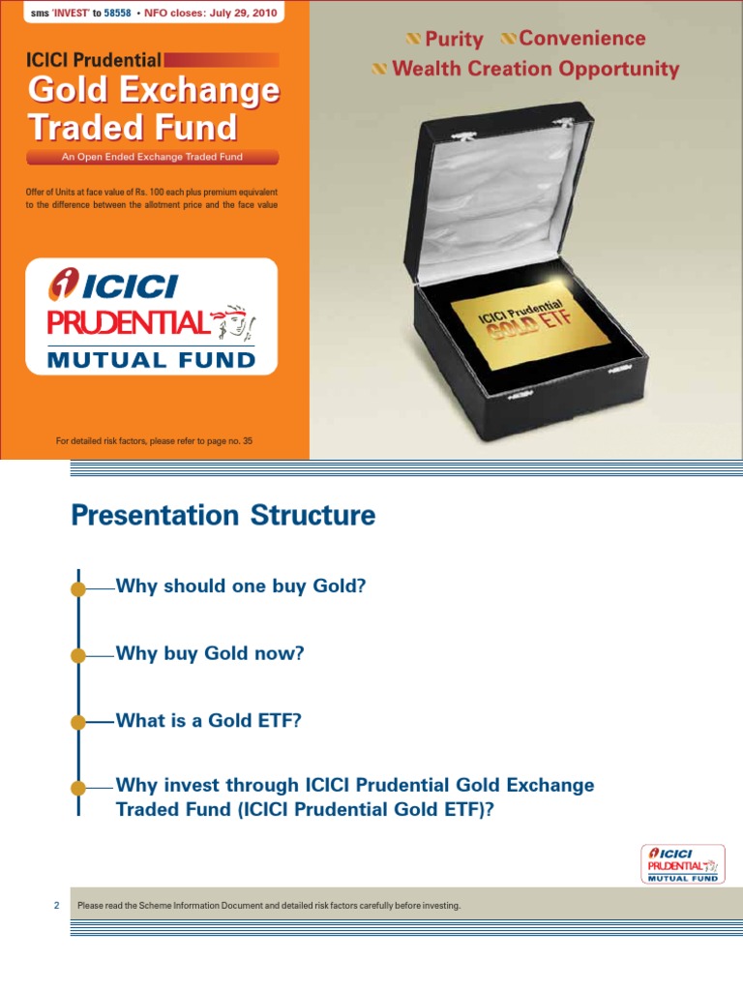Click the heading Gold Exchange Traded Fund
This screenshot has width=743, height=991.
click(x=153, y=108)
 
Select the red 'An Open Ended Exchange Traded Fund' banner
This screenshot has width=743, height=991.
click(x=153, y=157)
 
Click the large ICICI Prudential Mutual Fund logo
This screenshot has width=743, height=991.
click(x=153, y=315)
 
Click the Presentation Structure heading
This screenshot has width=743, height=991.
click(x=223, y=516)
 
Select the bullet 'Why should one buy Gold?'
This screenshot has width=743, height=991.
click(x=241, y=586)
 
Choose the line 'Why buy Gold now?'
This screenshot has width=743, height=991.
click(x=210, y=654)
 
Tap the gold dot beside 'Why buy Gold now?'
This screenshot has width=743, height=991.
click(x=78, y=655)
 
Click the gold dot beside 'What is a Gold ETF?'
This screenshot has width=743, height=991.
click(x=78, y=722)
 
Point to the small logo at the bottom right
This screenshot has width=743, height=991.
click(x=681, y=862)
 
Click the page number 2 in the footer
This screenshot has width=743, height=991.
click(x=56, y=906)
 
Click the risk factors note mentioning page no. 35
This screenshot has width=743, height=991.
click(x=154, y=441)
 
